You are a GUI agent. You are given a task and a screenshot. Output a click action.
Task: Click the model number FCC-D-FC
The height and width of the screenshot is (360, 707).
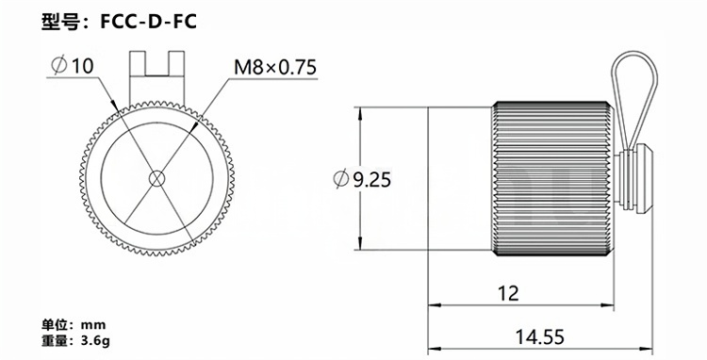[148, 21]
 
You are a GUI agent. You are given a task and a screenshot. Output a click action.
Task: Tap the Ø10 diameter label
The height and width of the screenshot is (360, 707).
[73, 66]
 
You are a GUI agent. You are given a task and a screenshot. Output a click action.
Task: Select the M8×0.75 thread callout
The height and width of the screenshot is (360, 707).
[275, 67]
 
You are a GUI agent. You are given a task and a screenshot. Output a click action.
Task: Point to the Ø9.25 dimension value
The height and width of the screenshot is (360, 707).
[362, 180]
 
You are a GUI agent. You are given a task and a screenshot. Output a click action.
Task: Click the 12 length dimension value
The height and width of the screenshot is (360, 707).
[508, 293]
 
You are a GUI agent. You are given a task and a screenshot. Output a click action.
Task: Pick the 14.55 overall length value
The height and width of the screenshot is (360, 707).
[540, 336]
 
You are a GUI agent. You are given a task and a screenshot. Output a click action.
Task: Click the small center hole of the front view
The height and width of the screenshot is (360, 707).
[156, 178]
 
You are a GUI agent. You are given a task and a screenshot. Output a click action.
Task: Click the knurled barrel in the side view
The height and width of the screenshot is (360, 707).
[552, 178]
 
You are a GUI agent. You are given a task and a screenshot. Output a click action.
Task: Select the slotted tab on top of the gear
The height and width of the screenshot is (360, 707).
[156, 76]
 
